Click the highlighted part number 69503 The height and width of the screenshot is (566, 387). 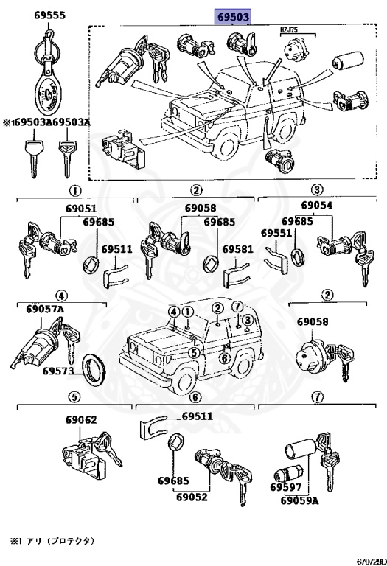[233, 17]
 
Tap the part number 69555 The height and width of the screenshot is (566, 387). [50, 15]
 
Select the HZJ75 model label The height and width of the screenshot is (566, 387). [289, 30]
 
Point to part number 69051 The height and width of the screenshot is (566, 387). [81, 209]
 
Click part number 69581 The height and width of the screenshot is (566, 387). [238, 249]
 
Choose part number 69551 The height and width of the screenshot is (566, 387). [276, 233]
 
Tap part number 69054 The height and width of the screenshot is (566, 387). [317, 205]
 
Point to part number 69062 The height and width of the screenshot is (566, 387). [81, 420]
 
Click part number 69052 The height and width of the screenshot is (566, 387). [192, 497]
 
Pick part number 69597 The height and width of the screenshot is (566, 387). [285, 487]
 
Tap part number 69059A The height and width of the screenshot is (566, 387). [300, 500]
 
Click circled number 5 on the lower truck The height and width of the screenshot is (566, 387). [194, 353]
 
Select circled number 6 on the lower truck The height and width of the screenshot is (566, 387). [225, 358]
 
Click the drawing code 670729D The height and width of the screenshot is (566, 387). [372, 562]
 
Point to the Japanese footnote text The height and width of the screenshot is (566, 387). [52, 540]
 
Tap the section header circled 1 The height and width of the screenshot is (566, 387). [75, 190]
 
